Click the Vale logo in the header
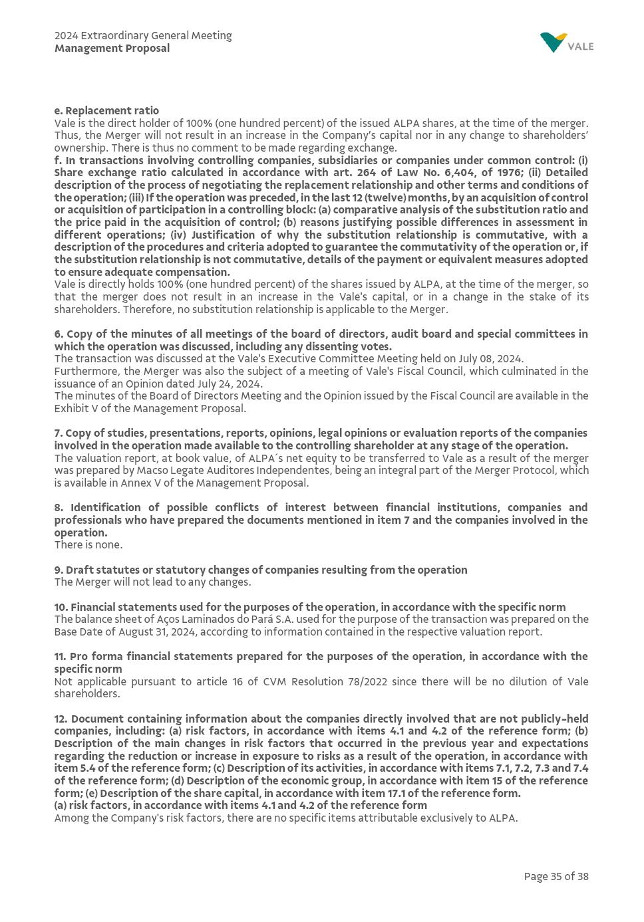pyautogui.click(x=566, y=43)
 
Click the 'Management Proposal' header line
pyautogui.click(x=112, y=49)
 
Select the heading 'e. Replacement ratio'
pyautogui.click(x=106, y=111)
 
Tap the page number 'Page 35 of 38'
pyautogui.click(x=556, y=877)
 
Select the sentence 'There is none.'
pyautogui.click(x=88, y=545)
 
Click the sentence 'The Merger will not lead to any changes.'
pyautogui.click(x=152, y=582)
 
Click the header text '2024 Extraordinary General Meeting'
pyautogui.click(x=143, y=36)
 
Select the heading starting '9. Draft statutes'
pyautogui.click(x=260, y=570)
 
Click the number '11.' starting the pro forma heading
pyautogui.click(x=61, y=657)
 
